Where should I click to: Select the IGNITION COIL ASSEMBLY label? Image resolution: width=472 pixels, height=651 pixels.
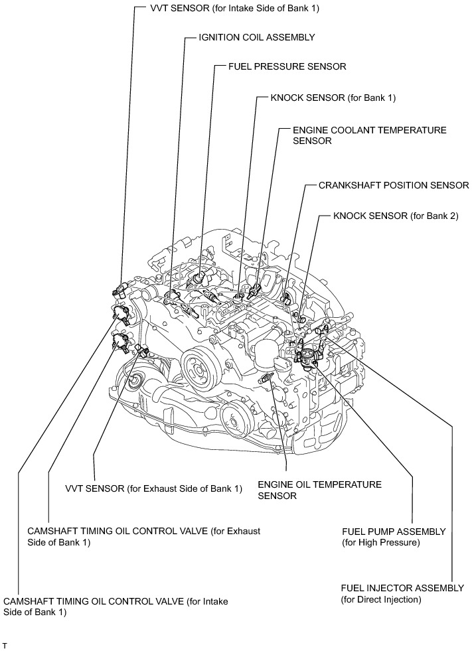[256, 38]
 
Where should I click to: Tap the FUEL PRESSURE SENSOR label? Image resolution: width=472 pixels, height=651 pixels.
[287, 66]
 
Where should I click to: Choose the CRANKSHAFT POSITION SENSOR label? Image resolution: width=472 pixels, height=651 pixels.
[394, 185]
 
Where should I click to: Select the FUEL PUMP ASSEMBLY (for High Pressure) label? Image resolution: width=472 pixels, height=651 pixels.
[393, 538]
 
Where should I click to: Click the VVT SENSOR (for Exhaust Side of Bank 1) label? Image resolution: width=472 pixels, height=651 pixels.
[153, 489]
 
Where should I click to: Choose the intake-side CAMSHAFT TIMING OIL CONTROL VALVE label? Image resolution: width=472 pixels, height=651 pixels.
[116, 607]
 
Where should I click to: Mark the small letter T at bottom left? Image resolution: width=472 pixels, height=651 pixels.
[5, 644]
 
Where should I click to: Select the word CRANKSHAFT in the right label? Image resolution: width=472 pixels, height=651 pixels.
[350, 185]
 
